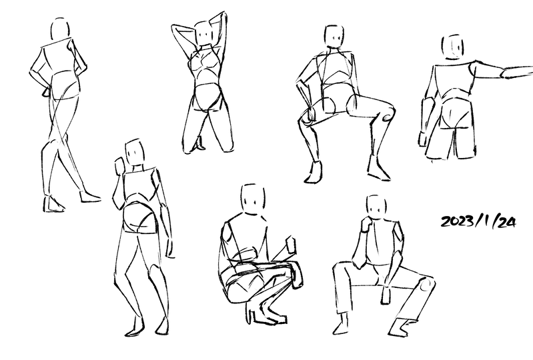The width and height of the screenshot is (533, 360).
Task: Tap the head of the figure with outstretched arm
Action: point(453,47)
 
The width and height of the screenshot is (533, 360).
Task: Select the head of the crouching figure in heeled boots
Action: point(253,199)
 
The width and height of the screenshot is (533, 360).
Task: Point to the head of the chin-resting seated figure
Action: point(378,207)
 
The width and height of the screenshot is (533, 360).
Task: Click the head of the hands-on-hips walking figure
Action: point(61,30)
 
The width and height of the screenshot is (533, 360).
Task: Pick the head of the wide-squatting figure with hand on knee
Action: point(334,37)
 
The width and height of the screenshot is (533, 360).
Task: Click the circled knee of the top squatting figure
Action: point(387,117)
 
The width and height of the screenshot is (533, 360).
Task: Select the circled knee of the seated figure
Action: point(426,286)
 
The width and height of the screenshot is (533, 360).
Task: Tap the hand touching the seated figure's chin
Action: point(366,225)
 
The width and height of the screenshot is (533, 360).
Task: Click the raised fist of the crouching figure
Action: point(291,245)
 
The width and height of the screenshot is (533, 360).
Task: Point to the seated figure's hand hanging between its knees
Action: point(386,294)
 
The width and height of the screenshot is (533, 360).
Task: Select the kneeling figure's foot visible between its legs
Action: point(199,143)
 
